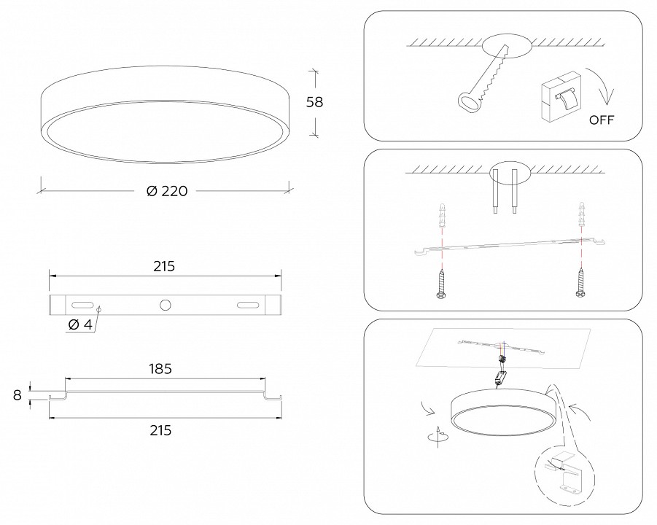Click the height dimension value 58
[314, 102]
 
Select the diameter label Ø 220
[167, 191]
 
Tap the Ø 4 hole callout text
[79, 324]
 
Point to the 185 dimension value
[160, 369]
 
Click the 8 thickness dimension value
[18, 394]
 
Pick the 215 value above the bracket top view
[163, 266]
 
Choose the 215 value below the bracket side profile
[160, 430]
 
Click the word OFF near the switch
[602, 120]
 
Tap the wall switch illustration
[561, 96]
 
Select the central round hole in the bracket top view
[165, 305]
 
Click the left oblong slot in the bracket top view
[82, 305]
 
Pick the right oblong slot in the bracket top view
[248, 305]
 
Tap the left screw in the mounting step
[441, 284]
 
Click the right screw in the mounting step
[581, 283]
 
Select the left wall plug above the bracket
[441, 215]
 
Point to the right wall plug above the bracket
[581, 214]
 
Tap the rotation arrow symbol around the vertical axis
[438, 437]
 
